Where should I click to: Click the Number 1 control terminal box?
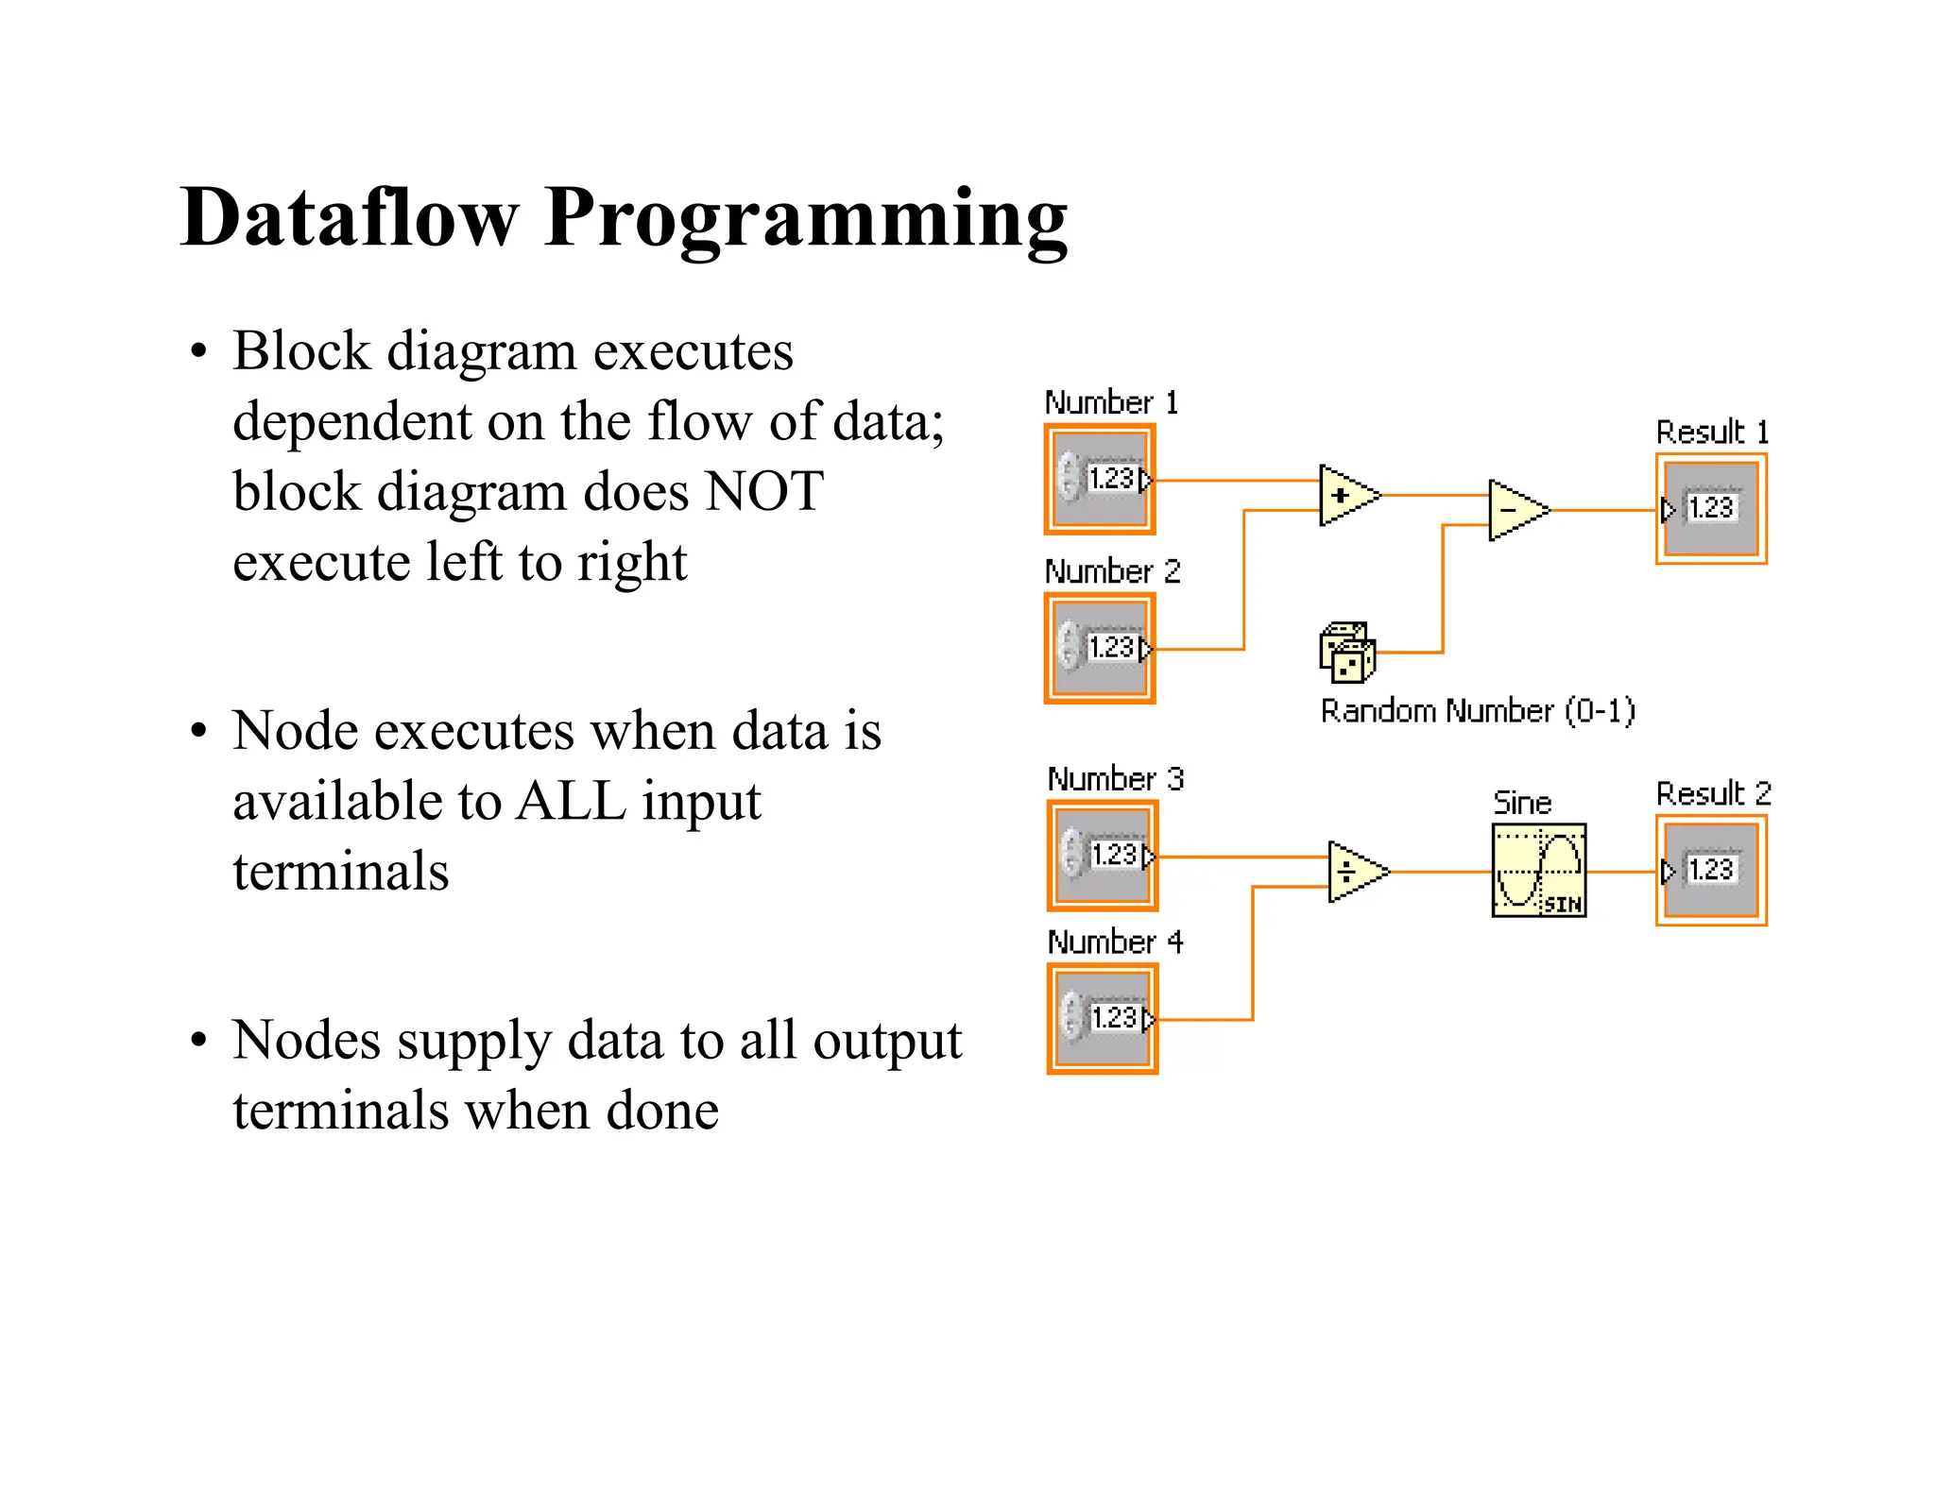point(1100,480)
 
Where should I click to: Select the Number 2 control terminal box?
point(1100,649)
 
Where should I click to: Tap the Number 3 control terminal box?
point(1103,856)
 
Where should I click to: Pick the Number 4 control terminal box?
point(1103,1019)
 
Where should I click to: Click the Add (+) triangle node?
point(1345,495)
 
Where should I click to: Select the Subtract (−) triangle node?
point(1515,510)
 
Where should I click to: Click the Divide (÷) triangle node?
point(1354,872)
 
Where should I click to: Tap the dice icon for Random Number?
point(1347,652)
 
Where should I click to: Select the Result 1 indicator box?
point(1711,509)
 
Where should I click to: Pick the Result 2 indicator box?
point(1711,871)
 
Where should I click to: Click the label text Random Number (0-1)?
point(1478,711)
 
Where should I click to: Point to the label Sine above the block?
point(1522,803)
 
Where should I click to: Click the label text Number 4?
point(1115,942)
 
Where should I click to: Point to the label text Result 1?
point(1712,433)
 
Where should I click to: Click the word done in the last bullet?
point(661,1111)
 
